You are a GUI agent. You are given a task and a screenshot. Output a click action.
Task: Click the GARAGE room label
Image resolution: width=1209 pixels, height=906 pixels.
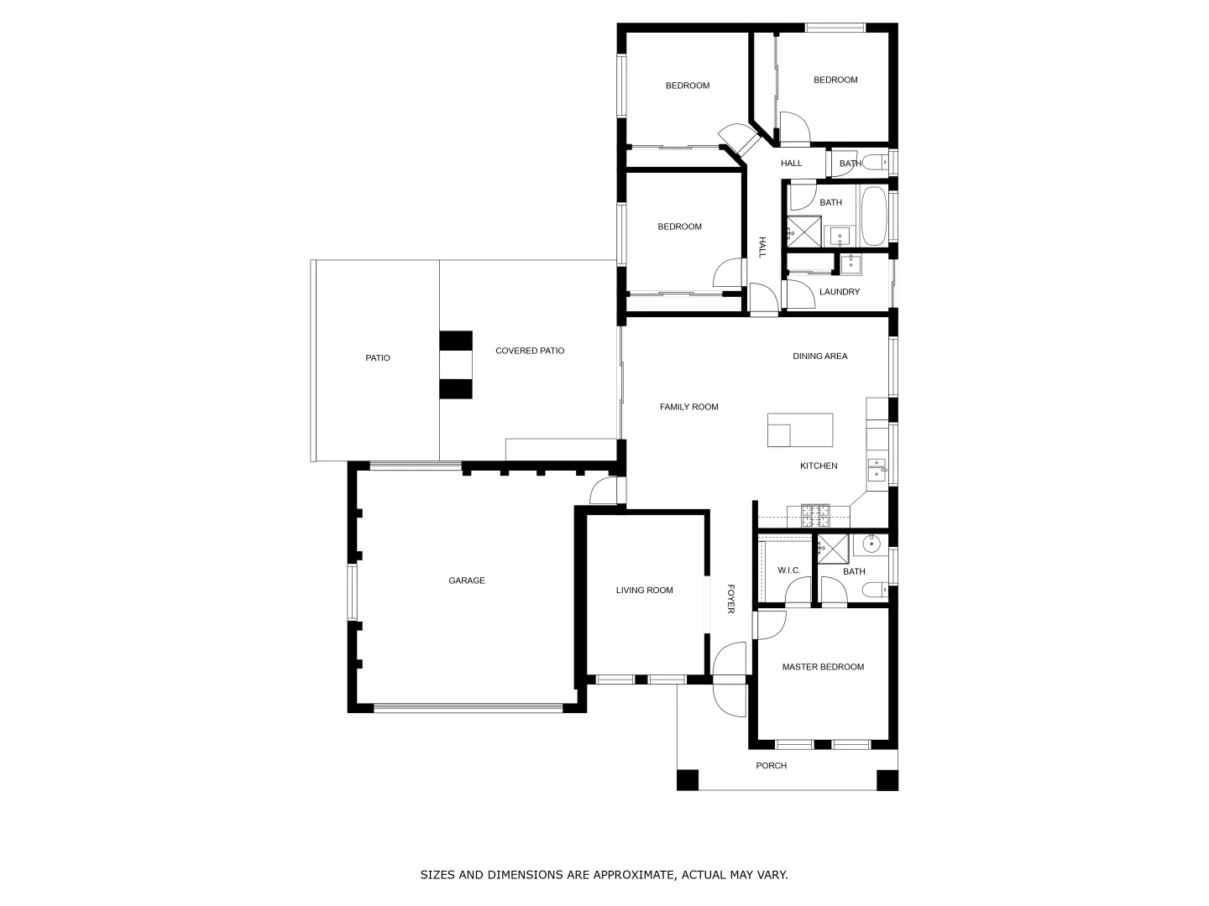466,581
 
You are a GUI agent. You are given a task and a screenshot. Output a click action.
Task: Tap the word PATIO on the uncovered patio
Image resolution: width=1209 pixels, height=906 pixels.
377,358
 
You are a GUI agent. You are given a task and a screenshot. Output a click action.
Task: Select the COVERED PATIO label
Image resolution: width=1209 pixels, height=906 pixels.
529,351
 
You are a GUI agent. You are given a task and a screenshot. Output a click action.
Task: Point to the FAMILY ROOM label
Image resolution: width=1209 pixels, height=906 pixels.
688,407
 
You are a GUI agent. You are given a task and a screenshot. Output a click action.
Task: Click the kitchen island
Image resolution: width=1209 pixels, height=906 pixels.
800,430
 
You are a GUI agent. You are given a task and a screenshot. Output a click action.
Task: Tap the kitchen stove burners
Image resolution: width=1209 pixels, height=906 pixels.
814,514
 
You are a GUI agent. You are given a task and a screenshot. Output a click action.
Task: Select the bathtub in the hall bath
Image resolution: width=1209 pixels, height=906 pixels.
872,216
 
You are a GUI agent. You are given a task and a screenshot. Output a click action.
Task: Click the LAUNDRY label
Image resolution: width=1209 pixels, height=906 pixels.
840,292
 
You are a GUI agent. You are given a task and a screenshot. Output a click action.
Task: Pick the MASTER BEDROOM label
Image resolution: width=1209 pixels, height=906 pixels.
823,667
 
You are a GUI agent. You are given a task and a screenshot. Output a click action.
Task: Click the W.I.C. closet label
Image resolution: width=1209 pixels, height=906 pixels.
788,570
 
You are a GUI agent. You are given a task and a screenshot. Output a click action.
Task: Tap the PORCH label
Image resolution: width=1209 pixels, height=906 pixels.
771,765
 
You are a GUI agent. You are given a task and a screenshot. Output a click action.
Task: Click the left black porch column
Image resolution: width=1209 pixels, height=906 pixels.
688,779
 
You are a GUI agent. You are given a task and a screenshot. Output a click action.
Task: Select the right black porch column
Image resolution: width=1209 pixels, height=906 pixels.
887,779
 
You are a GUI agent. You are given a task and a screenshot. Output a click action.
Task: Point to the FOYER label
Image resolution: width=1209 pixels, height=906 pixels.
730,599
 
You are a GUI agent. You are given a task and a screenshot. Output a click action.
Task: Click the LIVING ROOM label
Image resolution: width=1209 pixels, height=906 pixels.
644,590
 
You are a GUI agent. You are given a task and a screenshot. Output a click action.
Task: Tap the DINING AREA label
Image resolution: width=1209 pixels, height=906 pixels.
819,356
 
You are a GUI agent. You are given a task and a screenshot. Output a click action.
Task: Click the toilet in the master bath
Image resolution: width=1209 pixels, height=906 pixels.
875,591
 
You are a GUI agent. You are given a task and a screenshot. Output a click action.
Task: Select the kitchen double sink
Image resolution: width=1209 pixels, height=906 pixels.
877,468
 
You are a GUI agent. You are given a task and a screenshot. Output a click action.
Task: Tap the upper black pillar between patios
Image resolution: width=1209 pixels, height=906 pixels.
456,341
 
